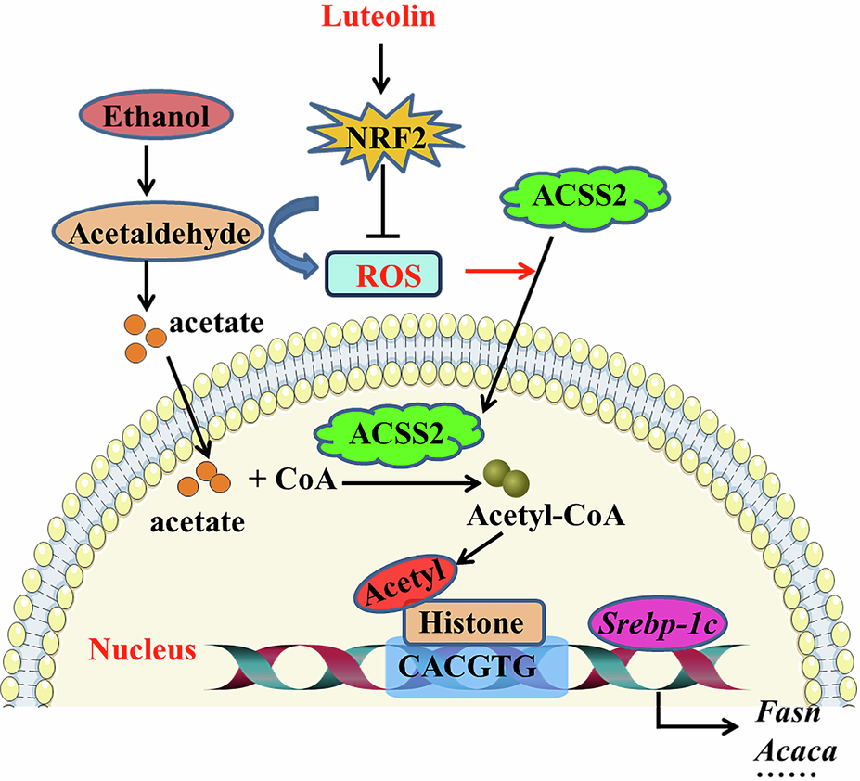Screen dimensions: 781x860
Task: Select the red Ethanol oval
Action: [x=143, y=118]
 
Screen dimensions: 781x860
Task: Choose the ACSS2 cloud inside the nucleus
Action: [x=398, y=431]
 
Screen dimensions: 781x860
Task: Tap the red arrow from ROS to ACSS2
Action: [x=502, y=271]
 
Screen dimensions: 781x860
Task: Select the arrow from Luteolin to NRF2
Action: [x=379, y=65]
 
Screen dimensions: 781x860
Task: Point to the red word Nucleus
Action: [x=144, y=648]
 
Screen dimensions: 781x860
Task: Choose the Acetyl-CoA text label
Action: [x=544, y=516]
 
